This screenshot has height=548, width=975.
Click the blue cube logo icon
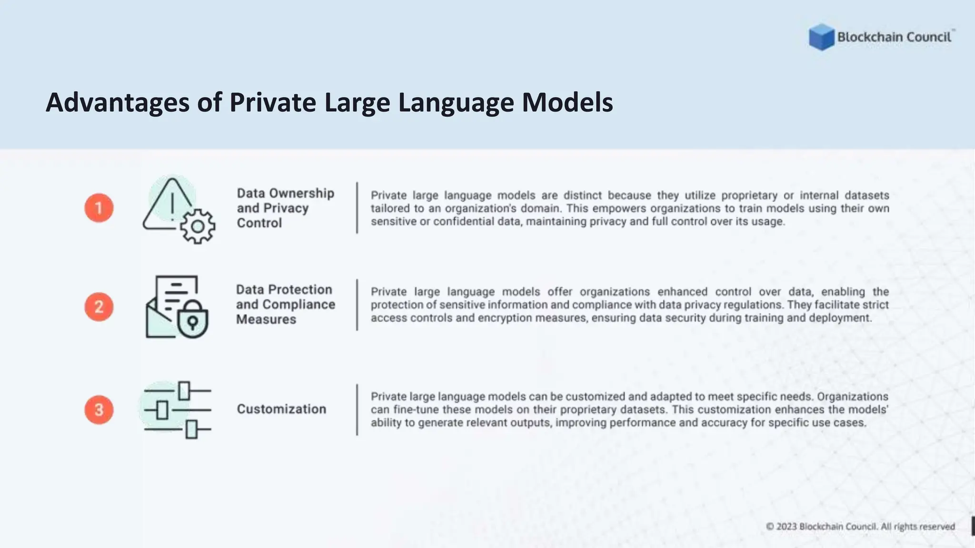821,37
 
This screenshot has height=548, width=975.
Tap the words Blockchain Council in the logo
894,37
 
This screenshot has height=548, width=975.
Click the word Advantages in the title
117,102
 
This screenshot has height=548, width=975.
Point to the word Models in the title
567,102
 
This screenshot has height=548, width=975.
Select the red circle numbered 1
99,208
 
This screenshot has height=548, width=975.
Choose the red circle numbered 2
99,306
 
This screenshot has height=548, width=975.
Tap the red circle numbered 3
99,410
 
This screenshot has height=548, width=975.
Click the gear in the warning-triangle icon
198,226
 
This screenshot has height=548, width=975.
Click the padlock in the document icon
192,320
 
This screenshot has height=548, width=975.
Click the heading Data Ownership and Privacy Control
285,208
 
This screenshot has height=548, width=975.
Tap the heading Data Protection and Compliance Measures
285,304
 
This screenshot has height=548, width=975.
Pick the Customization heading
281,409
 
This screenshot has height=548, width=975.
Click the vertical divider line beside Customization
357,410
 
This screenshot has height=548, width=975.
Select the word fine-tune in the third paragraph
417,410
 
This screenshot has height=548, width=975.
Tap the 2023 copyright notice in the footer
860,527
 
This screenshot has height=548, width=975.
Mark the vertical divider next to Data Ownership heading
357,208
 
